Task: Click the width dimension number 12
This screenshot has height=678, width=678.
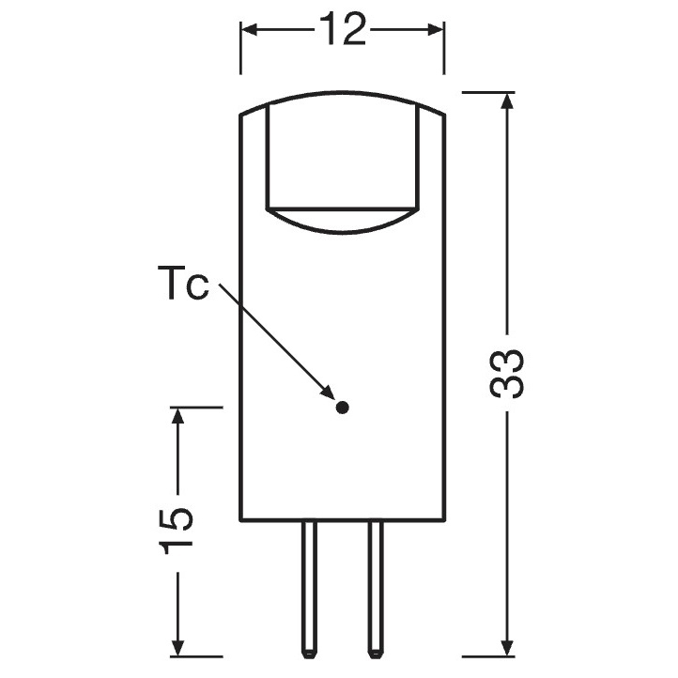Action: click(x=343, y=29)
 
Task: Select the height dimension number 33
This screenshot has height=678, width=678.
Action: click(x=506, y=373)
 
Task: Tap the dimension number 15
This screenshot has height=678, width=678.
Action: click(x=176, y=532)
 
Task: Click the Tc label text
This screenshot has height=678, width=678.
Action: click(x=183, y=283)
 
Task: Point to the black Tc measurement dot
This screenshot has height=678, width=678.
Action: click(x=342, y=408)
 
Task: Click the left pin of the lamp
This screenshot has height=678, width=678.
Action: click(x=309, y=589)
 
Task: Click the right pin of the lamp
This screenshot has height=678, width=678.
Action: click(x=375, y=589)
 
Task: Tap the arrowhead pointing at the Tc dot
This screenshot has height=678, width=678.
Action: click(x=329, y=393)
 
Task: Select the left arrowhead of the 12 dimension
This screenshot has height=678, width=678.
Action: click(x=250, y=29)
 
